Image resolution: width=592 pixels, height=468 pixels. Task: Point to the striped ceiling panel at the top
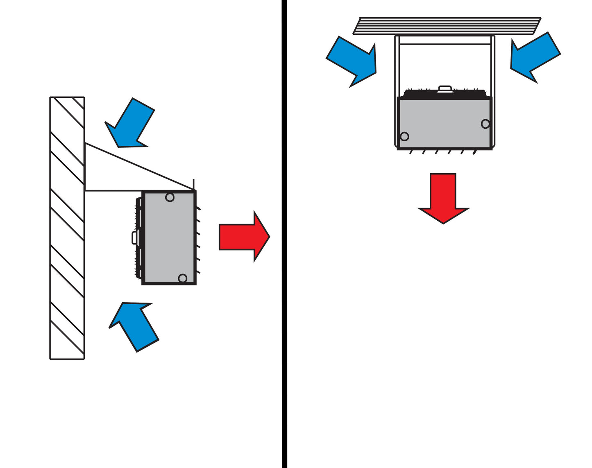point(447,26)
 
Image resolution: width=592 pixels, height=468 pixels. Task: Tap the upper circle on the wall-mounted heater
point(170,197)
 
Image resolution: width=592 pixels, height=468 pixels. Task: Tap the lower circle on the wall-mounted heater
point(182,278)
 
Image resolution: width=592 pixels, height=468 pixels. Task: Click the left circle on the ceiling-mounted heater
point(404,136)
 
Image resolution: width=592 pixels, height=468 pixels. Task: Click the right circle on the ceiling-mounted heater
point(485,124)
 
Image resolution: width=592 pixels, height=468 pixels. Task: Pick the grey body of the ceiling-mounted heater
point(445,123)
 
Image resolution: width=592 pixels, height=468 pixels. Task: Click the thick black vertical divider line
point(284,246)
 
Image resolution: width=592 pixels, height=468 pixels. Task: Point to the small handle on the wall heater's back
point(134,237)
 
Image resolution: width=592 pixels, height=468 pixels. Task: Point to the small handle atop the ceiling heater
point(445,88)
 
